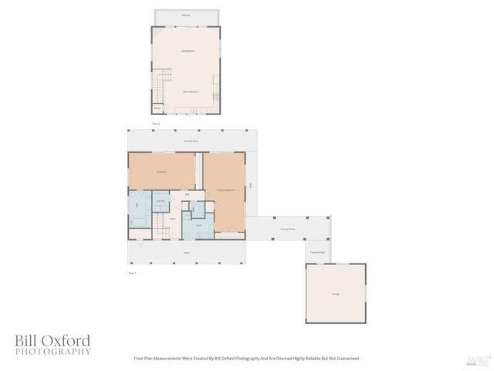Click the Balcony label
[x=185, y=15]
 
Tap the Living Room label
[x=187, y=52]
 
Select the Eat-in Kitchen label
[x=190, y=92]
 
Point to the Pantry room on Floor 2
[x=157, y=108]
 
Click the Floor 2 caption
[x=155, y=124]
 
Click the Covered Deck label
[x=191, y=141]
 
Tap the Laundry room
[x=161, y=201]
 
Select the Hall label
[x=187, y=194]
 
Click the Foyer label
[x=172, y=219]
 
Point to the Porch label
[x=186, y=253]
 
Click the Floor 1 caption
[x=132, y=273]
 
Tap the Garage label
[x=336, y=294]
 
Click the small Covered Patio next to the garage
[x=317, y=252]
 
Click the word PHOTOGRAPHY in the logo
[x=52, y=352]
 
